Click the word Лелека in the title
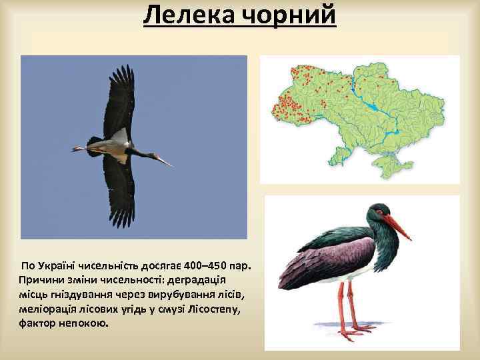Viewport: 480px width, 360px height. tap(186, 15)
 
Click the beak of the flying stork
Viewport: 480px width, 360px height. tap(163, 161)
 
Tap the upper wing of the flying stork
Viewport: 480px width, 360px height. tap(119, 100)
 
